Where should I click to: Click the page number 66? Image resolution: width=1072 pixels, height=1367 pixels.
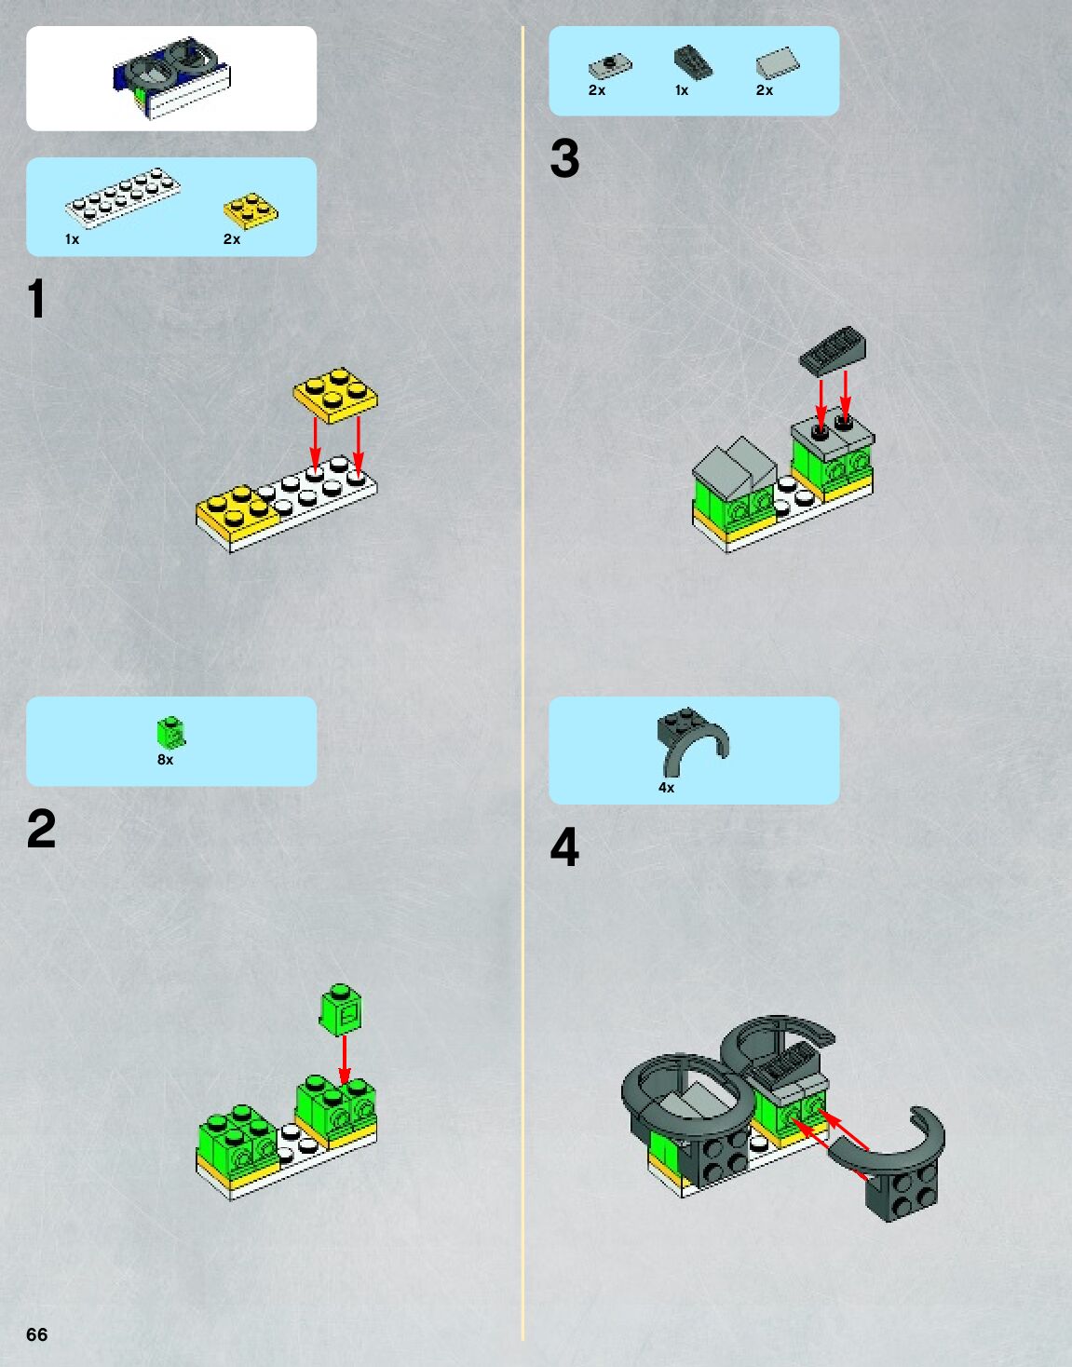click(36, 1334)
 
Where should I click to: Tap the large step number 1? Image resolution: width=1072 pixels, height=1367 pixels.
click(36, 298)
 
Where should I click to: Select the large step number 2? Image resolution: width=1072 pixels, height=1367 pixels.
click(42, 828)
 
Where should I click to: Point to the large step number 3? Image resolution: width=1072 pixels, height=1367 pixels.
click(564, 158)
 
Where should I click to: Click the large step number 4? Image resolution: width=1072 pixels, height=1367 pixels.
click(564, 846)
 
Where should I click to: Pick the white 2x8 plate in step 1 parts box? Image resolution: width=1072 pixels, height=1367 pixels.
click(123, 196)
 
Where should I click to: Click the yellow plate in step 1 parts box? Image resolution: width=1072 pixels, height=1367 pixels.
click(251, 210)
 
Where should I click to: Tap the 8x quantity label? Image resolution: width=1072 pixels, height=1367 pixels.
click(165, 760)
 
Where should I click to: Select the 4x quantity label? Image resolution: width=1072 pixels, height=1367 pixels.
click(666, 788)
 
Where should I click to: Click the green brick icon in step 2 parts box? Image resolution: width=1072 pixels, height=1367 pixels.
click(170, 732)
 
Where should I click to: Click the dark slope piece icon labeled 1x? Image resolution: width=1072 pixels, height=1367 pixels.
click(693, 62)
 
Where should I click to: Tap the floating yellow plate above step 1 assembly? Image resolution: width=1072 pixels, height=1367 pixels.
click(335, 395)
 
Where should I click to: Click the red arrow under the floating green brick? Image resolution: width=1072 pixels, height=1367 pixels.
click(344, 1060)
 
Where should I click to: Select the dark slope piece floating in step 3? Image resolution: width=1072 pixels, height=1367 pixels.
click(833, 352)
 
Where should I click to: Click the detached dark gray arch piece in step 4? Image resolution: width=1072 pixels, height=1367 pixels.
click(893, 1161)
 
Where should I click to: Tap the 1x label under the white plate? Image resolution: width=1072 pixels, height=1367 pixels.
click(72, 239)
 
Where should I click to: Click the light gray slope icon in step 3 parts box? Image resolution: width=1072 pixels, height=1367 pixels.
click(778, 62)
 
